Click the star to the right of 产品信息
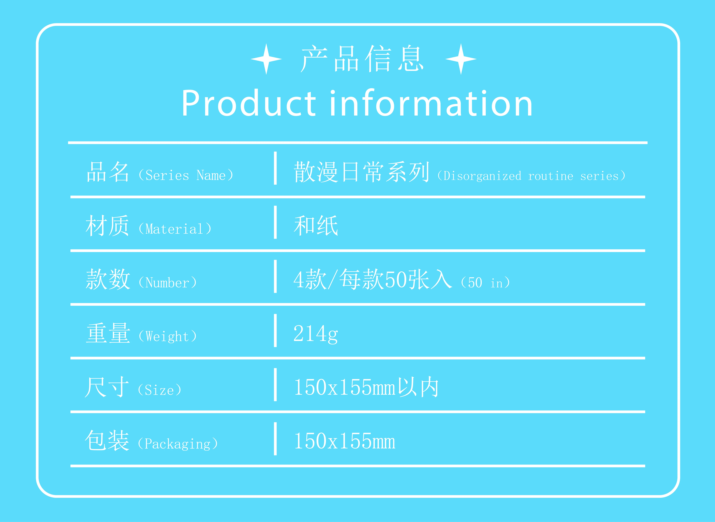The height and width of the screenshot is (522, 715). [x=461, y=59]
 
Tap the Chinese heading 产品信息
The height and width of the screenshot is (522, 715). [x=362, y=59]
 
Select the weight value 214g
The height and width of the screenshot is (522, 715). [x=316, y=334]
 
